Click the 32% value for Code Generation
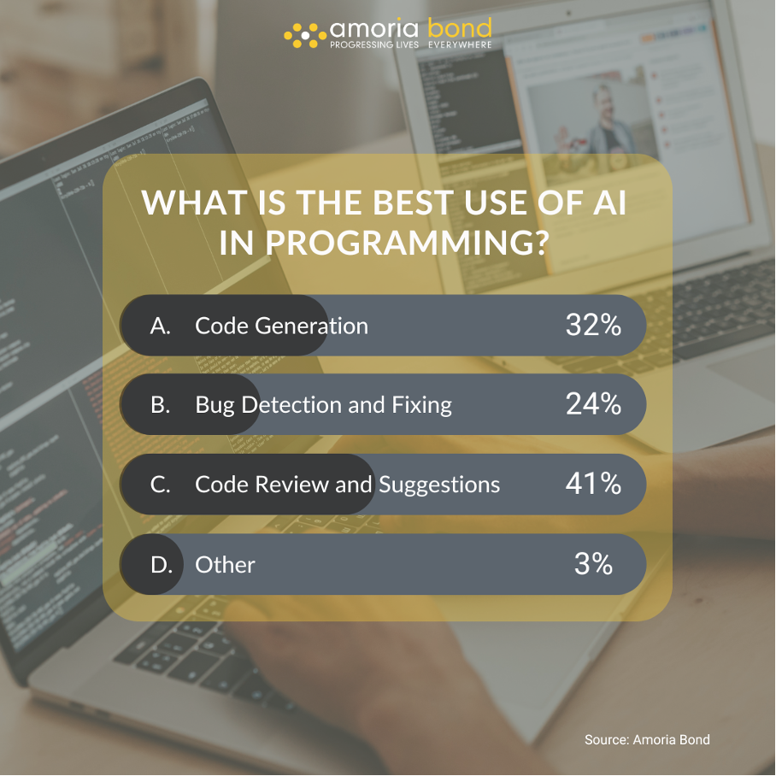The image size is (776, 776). pos(593,325)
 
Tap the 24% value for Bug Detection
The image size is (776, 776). pos(593,404)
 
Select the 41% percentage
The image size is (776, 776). pos(593,483)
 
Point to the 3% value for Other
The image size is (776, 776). pos(593,563)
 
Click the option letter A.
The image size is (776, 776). pos(161,326)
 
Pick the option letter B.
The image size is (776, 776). pos(161,405)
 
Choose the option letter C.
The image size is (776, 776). pos(161,485)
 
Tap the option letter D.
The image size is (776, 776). pos(162,565)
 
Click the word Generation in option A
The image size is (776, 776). pos(311,326)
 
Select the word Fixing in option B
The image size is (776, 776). pos(421,405)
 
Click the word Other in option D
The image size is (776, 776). pos(225,565)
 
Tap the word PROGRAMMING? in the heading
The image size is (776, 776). pos(408,243)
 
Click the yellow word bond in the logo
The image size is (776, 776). pos(459,27)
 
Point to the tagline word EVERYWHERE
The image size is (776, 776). pos(460,44)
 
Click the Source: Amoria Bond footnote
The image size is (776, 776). pos(647,739)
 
